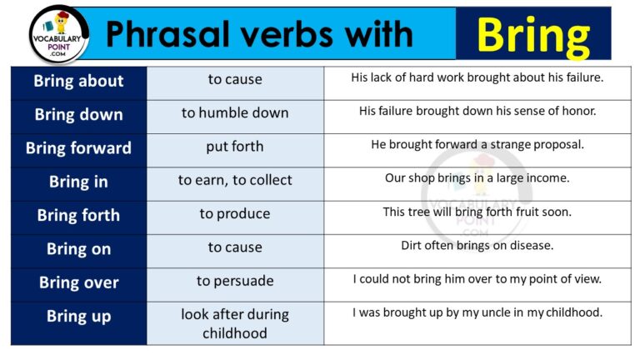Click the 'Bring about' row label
(x=78, y=82)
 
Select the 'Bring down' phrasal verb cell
(x=78, y=115)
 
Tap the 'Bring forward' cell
(x=78, y=148)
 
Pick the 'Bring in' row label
(x=78, y=182)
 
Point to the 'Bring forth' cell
(x=78, y=215)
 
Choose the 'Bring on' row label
(x=78, y=248)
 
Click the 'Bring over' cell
(x=78, y=282)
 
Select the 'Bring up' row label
(x=78, y=317)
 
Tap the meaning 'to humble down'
(x=235, y=113)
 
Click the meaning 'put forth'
(x=235, y=147)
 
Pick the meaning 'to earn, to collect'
(x=235, y=180)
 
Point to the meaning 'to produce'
(x=235, y=214)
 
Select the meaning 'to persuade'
(x=235, y=281)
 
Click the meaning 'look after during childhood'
(x=235, y=324)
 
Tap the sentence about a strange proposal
(x=477, y=144)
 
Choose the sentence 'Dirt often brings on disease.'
(x=477, y=245)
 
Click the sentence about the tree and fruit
(x=477, y=212)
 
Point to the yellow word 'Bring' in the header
(x=533, y=34)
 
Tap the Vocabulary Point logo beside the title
(x=58, y=33)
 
